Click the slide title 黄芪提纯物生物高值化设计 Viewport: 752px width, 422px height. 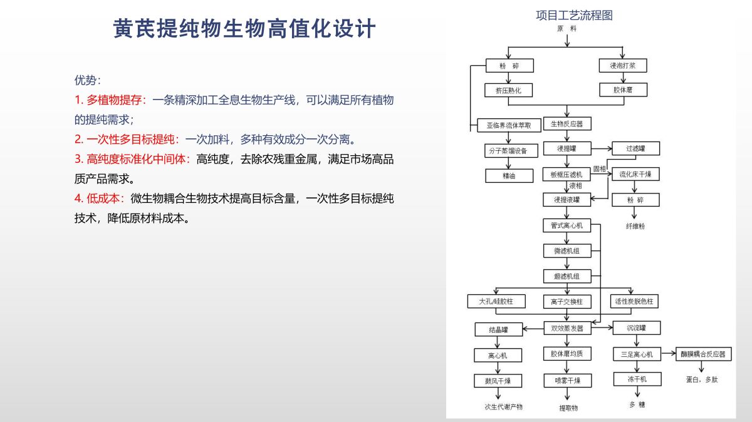point(244,29)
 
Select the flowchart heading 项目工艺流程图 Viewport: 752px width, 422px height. point(574,16)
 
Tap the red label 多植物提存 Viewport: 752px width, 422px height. point(116,100)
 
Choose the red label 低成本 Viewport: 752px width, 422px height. point(106,198)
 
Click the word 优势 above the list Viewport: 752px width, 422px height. point(86,80)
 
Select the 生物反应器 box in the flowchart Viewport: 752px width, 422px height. point(567,124)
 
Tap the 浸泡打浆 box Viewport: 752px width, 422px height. point(623,66)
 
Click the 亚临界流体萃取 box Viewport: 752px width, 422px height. point(508,125)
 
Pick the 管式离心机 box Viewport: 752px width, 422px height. point(567,225)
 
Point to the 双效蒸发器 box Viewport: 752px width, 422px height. point(567,328)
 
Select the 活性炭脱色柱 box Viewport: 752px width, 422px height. point(635,301)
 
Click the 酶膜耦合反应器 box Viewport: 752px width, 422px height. point(702,354)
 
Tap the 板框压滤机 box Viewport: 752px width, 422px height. point(566,175)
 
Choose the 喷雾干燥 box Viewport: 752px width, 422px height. point(567,381)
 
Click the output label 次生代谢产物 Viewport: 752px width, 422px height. point(503,407)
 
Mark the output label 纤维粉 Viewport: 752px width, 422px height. point(635,226)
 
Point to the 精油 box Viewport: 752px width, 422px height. point(508,176)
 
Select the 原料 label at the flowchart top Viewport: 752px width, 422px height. point(567,28)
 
